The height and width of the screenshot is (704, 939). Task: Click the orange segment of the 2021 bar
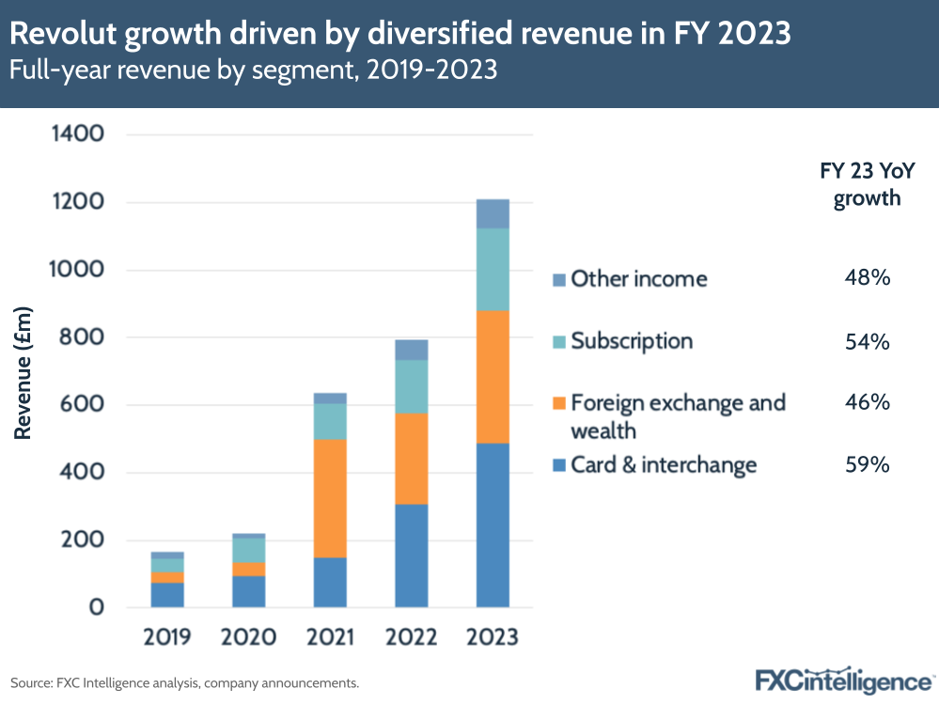point(330,498)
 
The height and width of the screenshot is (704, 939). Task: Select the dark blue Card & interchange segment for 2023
point(493,524)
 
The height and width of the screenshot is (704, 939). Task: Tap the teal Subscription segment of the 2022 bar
point(411,386)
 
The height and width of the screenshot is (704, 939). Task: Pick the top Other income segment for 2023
point(493,214)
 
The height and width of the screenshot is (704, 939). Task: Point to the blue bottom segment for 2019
point(167,594)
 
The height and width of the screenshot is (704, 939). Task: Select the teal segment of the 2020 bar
point(248,550)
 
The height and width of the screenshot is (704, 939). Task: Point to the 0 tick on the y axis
point(96,608)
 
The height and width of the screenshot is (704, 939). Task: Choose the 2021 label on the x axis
point(330,637)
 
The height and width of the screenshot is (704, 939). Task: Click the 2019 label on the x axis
point(167,637)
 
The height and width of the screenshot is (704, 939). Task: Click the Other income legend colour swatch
point(559,280)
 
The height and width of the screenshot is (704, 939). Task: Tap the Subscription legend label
point(632,341)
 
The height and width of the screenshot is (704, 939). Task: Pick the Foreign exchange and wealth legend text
point(677,416)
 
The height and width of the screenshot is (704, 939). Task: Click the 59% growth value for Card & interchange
point(867,464)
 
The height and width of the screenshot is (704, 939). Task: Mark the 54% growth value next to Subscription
point(867,341)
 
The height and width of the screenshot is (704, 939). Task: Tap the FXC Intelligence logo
point(844,681)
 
